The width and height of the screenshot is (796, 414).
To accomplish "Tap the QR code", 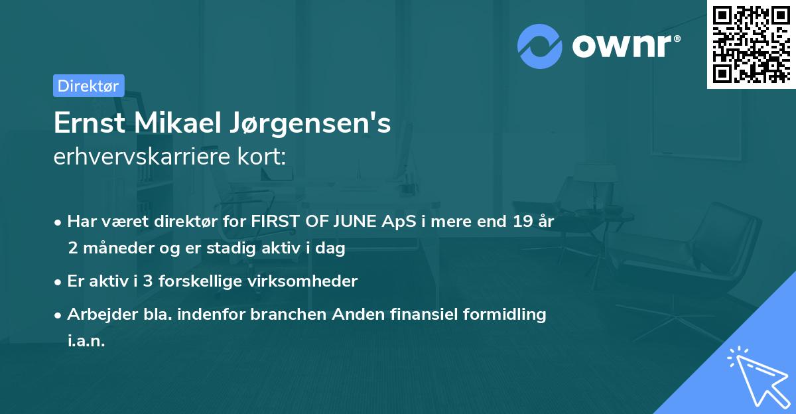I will pyautogui.click(x=751, y=44).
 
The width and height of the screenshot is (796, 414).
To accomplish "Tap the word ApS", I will pyautogui.click(x=400, y=222).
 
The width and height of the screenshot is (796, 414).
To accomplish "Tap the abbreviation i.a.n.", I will pyautogui.click(x=86, y=340).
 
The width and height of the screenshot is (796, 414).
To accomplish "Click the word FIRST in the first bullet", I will pyautogui.click(x=271, y=222).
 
